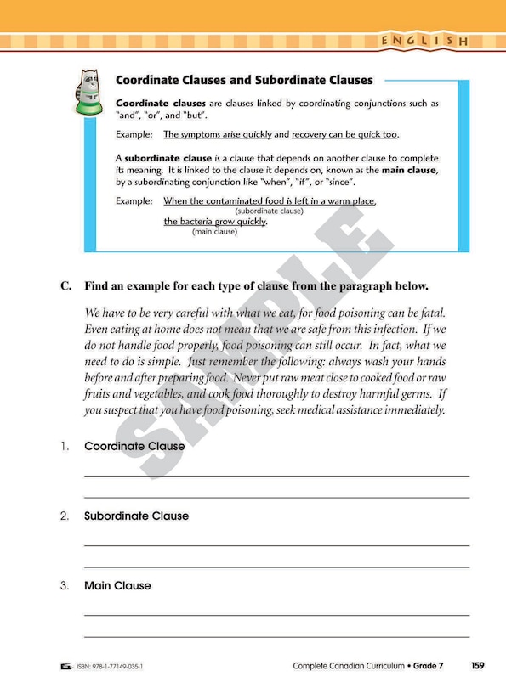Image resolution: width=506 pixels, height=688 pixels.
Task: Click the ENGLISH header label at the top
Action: pyautogui.click(x=424, y=41)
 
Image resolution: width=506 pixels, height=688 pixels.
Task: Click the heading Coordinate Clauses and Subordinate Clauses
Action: pyautogui.click(x=244, y=81)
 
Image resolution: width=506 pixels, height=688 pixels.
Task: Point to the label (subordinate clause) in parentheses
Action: pyautogui.click(x=269, y=211)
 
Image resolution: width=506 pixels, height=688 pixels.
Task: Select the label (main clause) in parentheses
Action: pyautogui.click(x=214, y=231)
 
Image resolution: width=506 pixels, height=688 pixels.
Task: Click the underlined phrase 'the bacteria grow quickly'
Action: pyautogui.click(x=214, y=222)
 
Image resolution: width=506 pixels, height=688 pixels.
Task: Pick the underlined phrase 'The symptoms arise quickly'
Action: pyautogui.click(x=218, y=134)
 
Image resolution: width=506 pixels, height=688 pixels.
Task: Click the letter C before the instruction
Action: pyautogui.click(x=65, y=286)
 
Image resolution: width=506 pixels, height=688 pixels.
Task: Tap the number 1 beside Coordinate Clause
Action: pyautogui.click(x=65, y=446)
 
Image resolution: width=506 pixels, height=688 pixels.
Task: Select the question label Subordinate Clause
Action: pyautogui.click(x=136, y=516)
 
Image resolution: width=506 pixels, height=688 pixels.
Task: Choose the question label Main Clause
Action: pyautogui.click(x=117, y=585)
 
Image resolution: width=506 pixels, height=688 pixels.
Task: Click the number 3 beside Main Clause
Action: pyautogui.click(x=65, y=585)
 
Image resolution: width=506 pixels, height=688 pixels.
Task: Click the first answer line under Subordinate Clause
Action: pyautogui.click(x=276, y=544)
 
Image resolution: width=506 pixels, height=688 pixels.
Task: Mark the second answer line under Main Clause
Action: pyautogui.click(x=276, y=635)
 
